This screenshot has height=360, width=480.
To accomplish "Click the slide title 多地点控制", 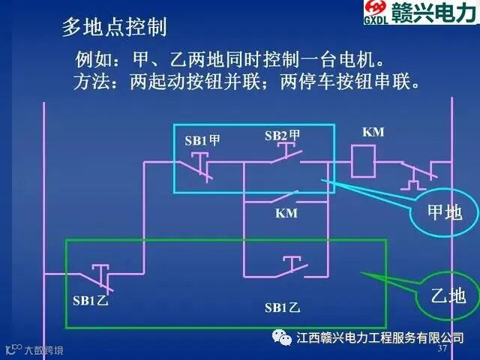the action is click(114, 28).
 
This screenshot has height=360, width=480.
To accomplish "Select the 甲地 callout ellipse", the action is click(445, 212).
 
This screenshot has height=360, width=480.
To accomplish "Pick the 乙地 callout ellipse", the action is click(448, 295).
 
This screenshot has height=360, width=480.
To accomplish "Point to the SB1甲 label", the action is click(202, 140).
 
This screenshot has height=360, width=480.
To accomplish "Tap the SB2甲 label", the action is click(282, 136).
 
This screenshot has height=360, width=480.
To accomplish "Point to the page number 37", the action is click(442, 350).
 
